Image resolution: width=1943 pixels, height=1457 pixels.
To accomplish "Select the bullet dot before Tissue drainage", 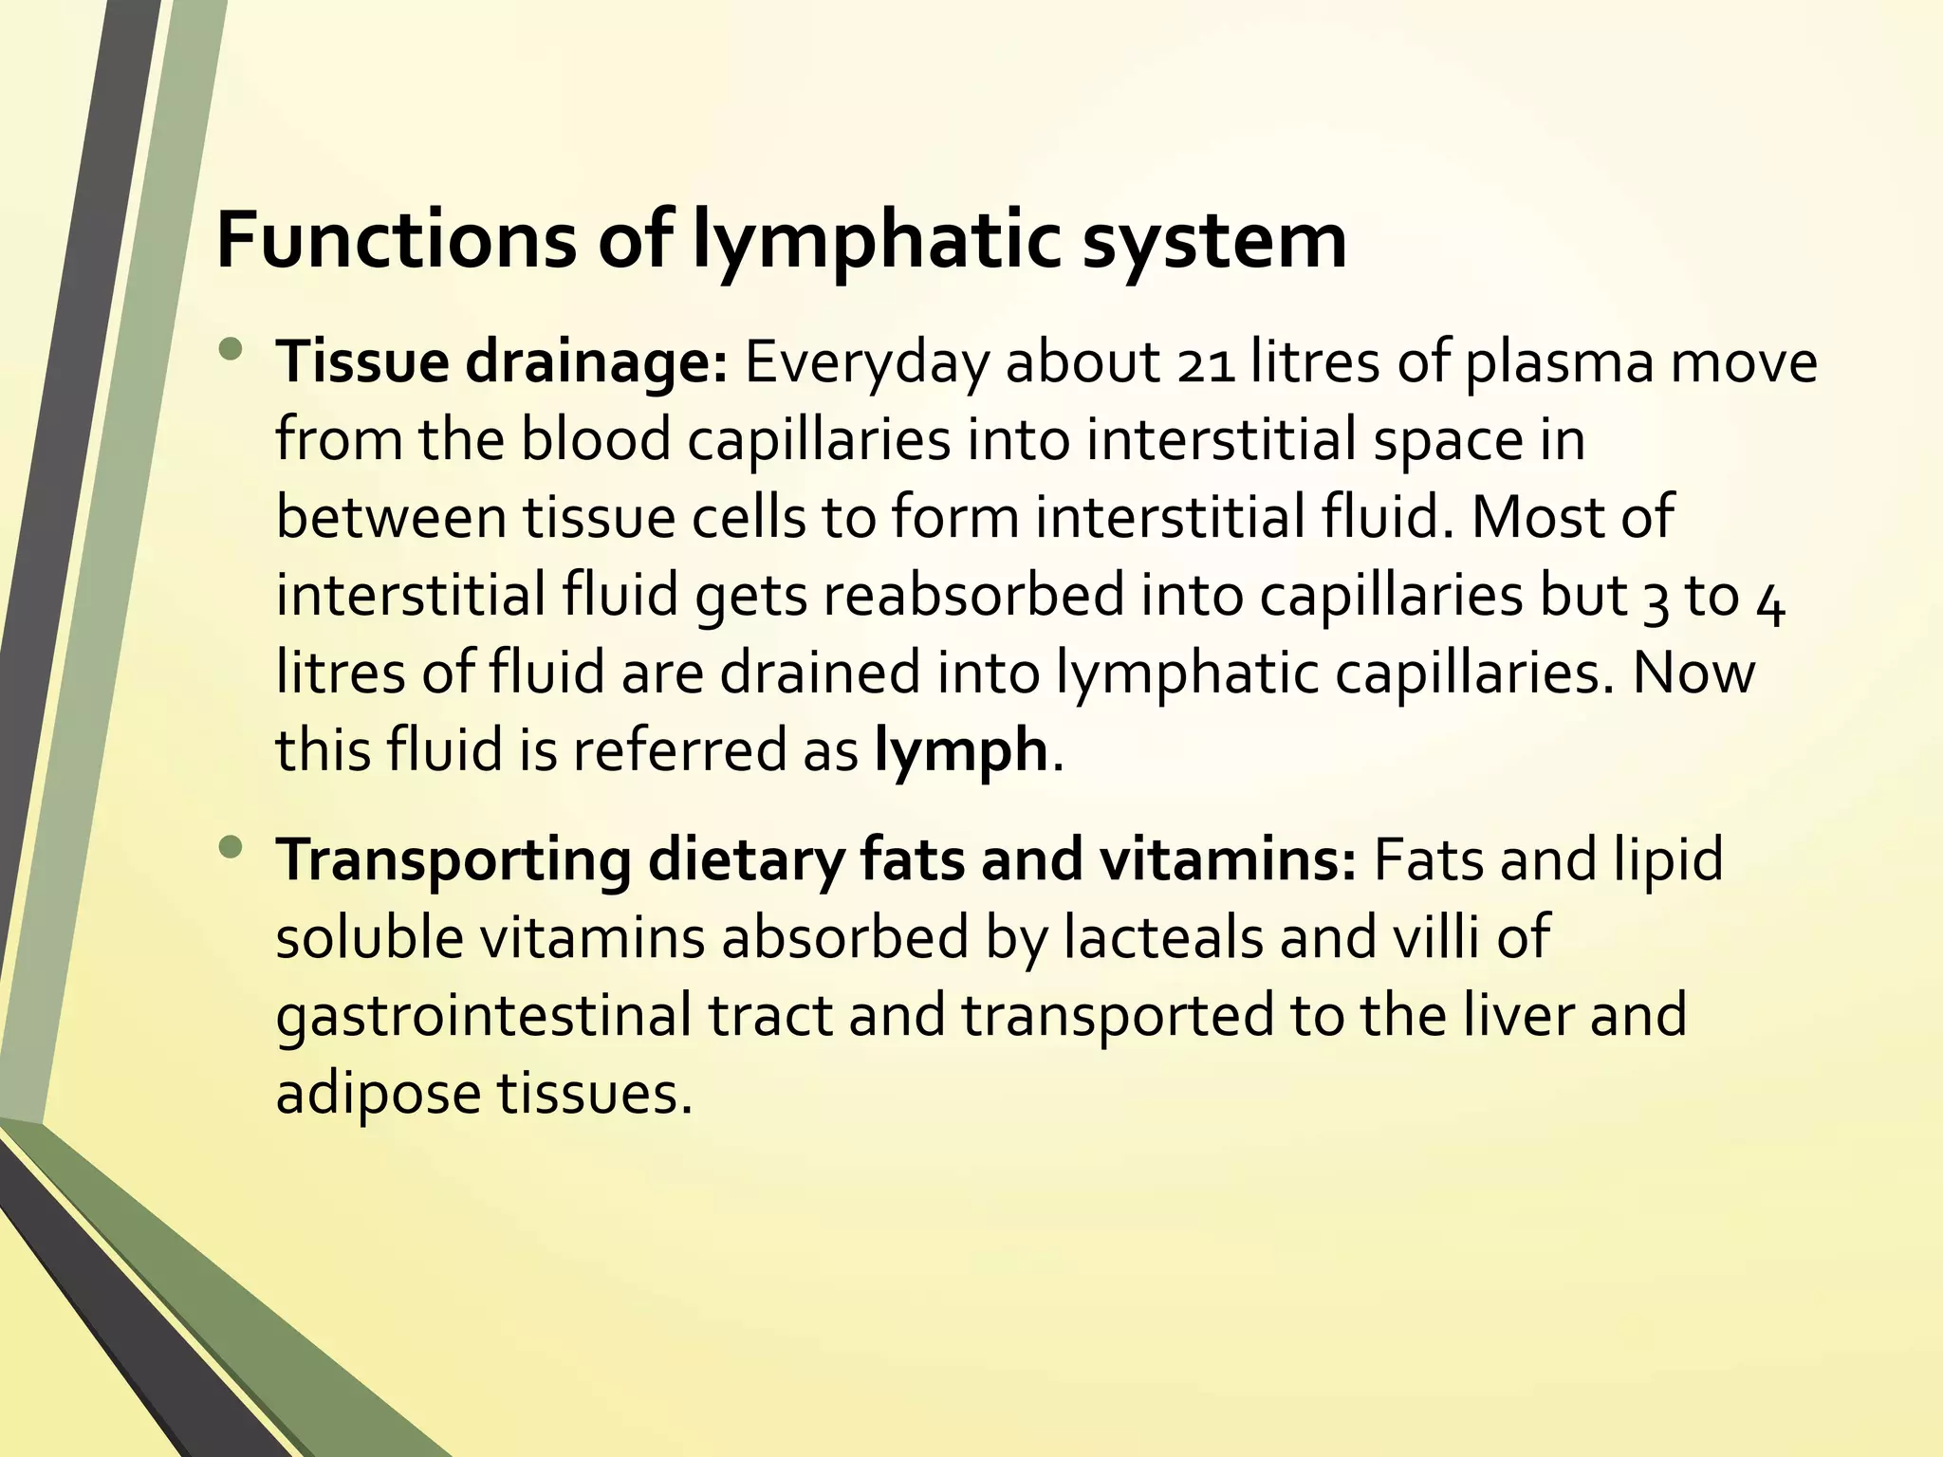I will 230,351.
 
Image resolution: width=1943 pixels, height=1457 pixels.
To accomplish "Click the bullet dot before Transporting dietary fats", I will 230,847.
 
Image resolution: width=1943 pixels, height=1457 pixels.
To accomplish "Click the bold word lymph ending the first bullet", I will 960,751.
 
